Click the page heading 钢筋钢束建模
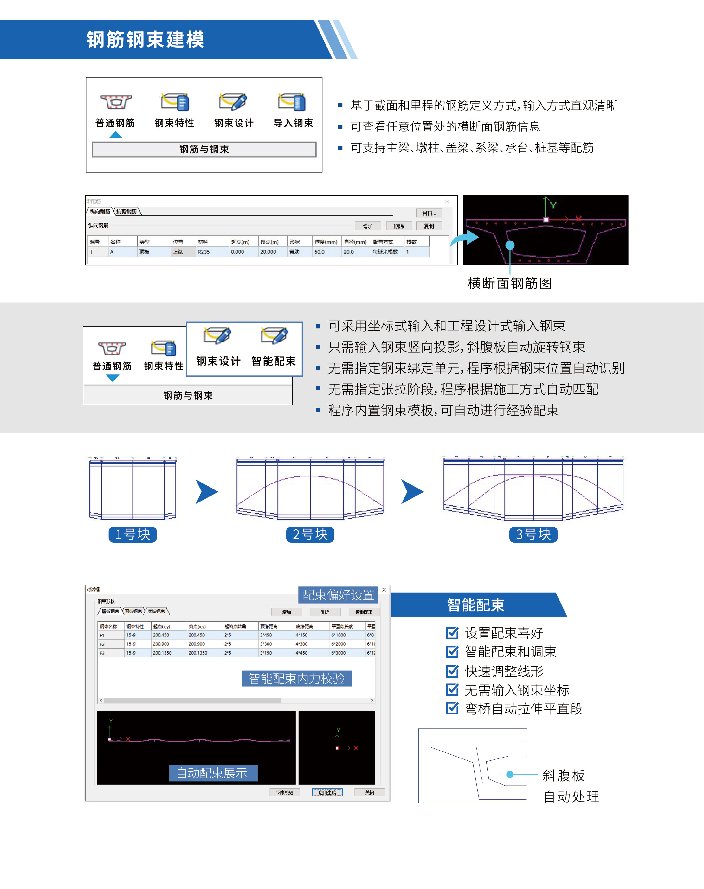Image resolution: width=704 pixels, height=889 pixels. click(145, 40)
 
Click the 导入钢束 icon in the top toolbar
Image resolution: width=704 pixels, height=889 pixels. click(292, 102)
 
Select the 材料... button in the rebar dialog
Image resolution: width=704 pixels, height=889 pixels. click(429, 213)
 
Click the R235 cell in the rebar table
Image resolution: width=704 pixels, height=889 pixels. click(203, 252)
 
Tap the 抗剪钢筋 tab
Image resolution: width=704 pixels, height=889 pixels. click(126, 211)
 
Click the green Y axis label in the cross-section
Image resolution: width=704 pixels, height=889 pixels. click(553, 205)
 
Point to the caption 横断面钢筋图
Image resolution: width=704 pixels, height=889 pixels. click(510, 284)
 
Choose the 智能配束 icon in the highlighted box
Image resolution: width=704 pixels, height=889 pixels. click(274, 336)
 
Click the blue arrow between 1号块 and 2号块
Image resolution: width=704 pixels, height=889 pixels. click(206, 491)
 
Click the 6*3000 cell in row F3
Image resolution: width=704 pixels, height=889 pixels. click(339, 653)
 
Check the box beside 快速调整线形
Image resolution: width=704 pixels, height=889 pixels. click(452, 671)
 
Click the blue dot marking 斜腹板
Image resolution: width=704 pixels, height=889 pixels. click(510, 775)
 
